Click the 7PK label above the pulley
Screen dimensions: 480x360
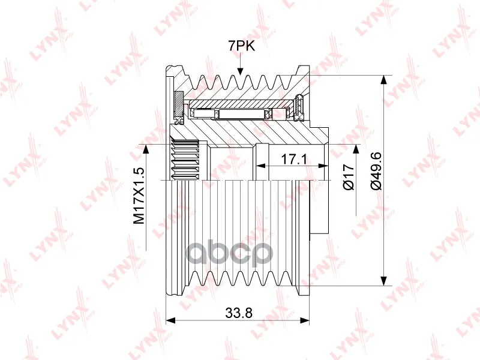tap(241, 46)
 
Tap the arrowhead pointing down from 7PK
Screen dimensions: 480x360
tap(241, 71)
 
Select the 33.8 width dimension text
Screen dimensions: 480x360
tap(239, 313)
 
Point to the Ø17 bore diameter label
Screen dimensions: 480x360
tap(349, 177)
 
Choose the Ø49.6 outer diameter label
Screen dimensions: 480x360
tap(376, 171)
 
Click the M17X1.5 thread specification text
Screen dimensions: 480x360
tap(139, 196)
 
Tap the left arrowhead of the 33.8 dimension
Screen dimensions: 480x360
tap(170, 320)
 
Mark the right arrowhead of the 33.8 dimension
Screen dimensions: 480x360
tap(305, 320)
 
